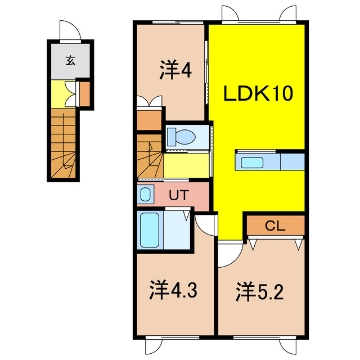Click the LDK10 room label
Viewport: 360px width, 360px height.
[259, 94]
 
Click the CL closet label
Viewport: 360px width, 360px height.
[275, 226]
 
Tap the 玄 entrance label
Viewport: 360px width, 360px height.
[70, 60]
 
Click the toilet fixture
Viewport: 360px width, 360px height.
[181, 137]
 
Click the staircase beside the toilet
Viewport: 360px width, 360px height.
[150, 156]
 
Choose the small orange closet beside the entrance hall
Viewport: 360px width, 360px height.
[84, 94]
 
